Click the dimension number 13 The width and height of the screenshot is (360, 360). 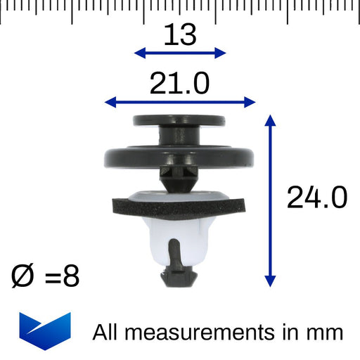[180, 35]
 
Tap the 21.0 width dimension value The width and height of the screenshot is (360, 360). [179, 83]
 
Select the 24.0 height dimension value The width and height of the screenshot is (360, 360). [317, 198]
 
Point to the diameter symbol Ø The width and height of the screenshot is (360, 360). [22, 276]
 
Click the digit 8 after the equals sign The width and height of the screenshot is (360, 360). [71, 276]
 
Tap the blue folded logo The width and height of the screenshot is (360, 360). [45, 331]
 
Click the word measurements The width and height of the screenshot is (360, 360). [200, 332]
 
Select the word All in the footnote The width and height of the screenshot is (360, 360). [105, 332]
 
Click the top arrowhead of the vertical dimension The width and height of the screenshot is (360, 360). [270, 120]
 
